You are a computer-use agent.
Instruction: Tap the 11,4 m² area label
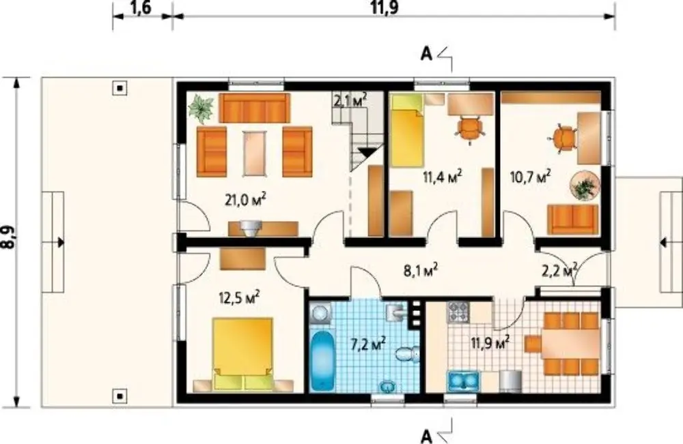click(442, 177)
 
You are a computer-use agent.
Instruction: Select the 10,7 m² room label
click(530, 177)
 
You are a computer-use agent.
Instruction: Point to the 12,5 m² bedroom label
click(239, 298)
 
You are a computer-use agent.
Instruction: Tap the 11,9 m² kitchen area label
click(490, 342)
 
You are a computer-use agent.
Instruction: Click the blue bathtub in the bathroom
click(322, 360)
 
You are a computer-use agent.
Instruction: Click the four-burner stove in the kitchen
click(459, 312)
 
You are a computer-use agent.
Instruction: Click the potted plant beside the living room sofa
click(201, 107)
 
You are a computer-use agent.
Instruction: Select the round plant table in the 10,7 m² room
click(585, 186)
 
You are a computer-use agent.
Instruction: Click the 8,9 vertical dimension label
click(8, 238)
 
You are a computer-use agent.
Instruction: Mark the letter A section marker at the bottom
click(427, 436)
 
